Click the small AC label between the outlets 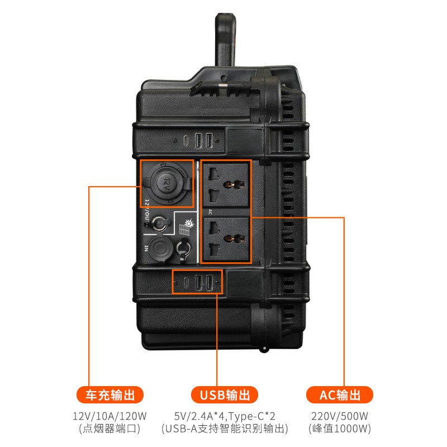click(x=210, y=212)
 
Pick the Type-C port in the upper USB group click(x=186, y=139)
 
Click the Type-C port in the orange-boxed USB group click(x=185, y=283)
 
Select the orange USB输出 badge click(x=224, y=395)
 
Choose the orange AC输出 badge click(x=340, y=395)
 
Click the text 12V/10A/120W click(x=110, y=416)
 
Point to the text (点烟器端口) click(x=110, y=429)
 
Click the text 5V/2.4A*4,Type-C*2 click(x=224, y=416)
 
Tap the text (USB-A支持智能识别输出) click(x=224, y=429)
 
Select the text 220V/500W click(x=340, y=416)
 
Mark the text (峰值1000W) click(x=340, y=429)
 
